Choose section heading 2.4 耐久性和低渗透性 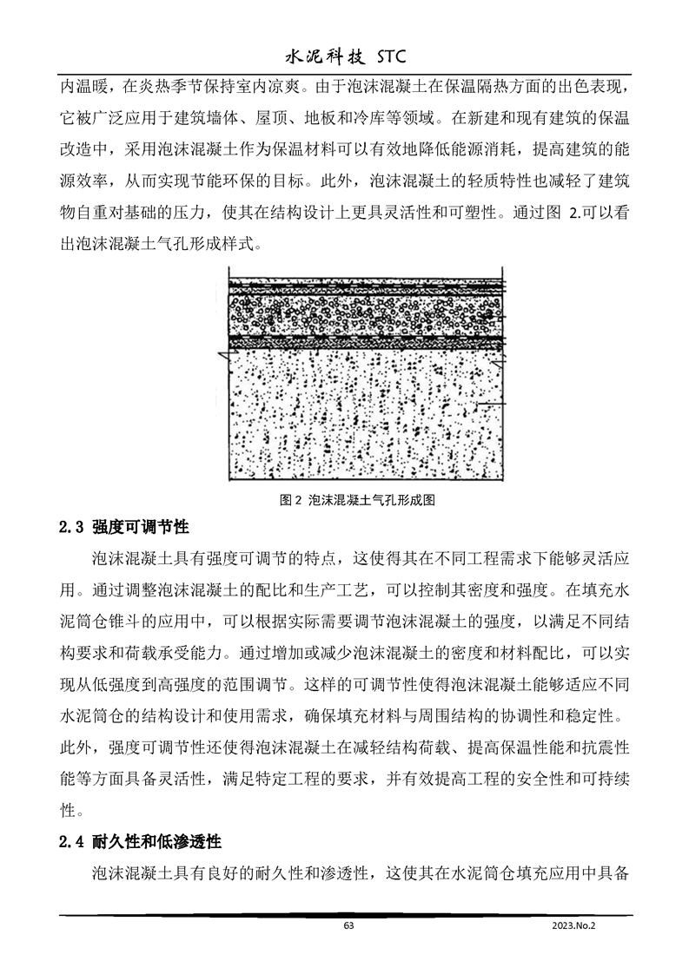pyautogui.click(x=139, y=842)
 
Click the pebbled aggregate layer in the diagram pyautogui.click(x=365, y=313)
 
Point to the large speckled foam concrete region pyautogui.click(x=365, y=417)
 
